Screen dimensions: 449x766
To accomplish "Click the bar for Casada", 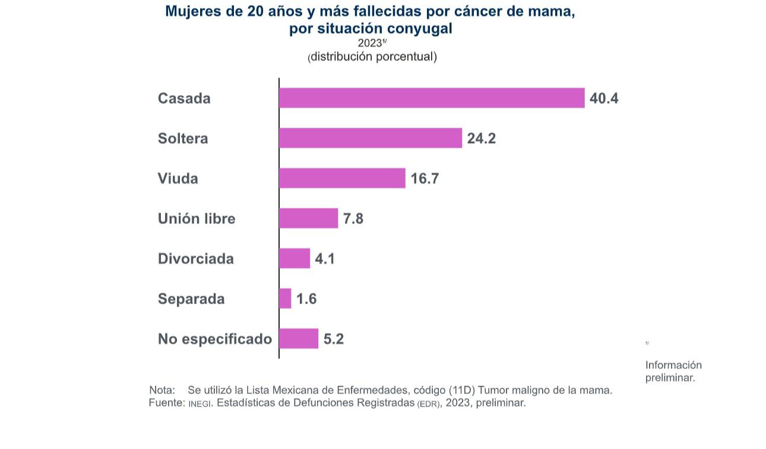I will tap(432, 98).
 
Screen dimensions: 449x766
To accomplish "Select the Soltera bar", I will tap(371, 138).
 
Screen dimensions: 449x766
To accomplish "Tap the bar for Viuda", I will tap(342, 178).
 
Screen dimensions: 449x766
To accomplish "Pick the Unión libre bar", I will tap(308, 219).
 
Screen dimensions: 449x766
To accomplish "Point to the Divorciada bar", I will tap(295, 258).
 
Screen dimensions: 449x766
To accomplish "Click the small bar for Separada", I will tap(285, 299).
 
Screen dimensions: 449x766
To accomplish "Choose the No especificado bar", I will tap(299, 339).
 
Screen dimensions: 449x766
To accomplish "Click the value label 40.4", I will tap(604, 99).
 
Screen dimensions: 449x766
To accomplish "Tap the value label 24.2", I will tap(481, 138).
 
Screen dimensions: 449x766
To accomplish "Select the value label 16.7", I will tap(425, 179).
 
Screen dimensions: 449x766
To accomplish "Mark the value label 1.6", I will tap(306, 299).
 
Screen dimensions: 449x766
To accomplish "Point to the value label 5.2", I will tap(334, 339).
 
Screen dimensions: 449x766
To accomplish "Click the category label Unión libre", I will tap(197, 219).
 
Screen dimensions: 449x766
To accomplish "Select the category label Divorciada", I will tap(196, 259).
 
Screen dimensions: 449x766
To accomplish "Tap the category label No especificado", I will tap(215, 339).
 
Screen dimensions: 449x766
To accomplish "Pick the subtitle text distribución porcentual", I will tap(373, 57).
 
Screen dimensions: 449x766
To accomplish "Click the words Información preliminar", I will tap(673, 371).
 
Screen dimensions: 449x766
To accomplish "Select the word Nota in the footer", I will tap(162, 390).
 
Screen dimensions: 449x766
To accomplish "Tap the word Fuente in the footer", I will tap(166, 403).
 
